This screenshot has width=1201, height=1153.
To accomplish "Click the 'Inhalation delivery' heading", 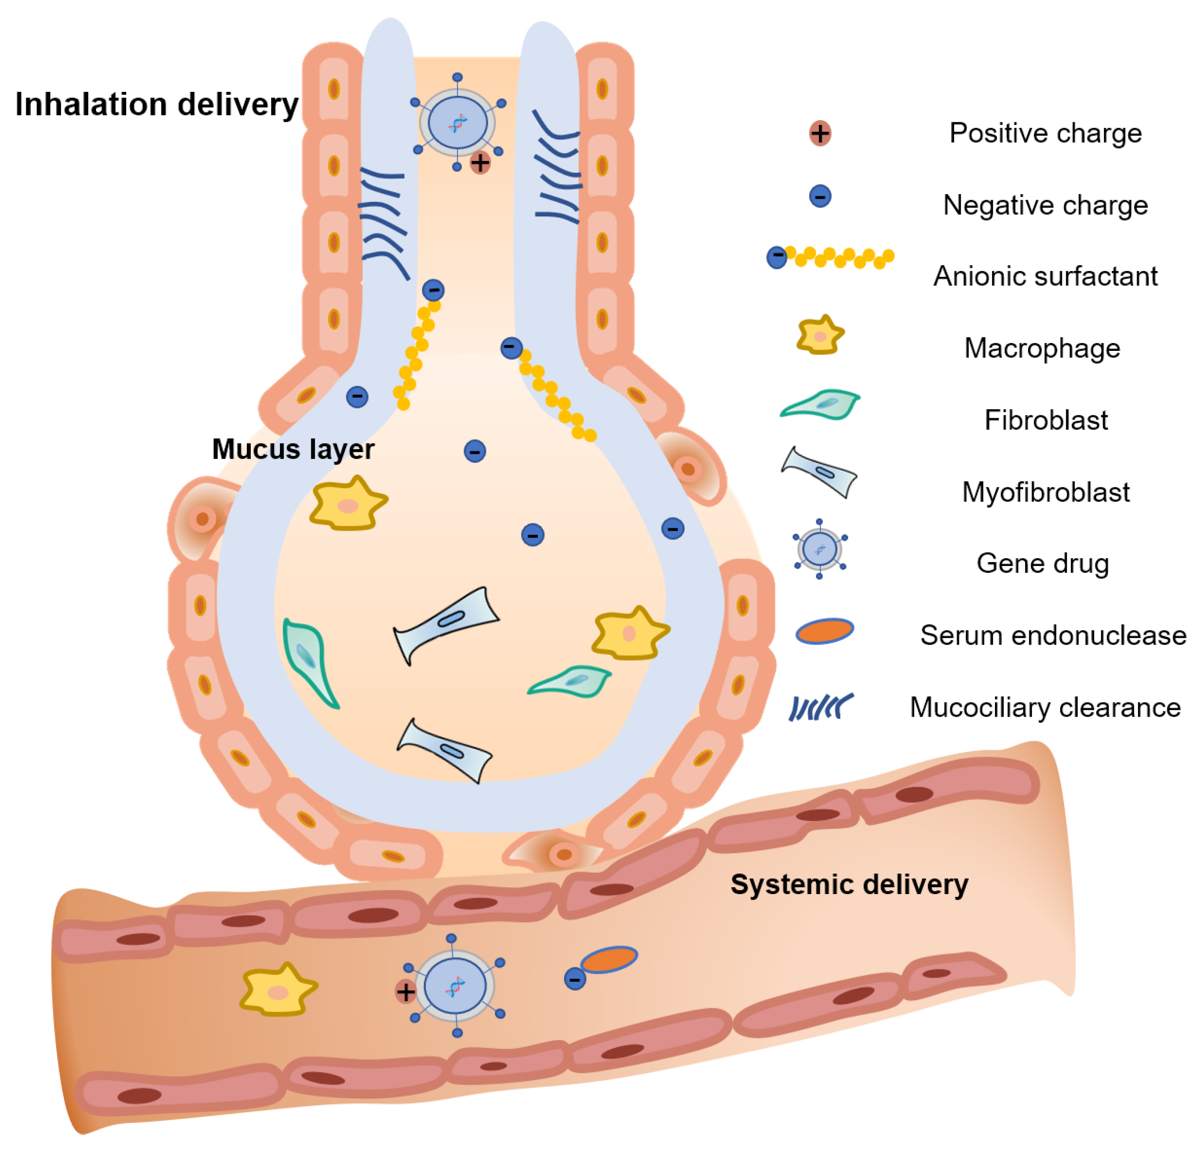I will pos(157,104).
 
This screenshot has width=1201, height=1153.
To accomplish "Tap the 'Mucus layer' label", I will pos(293,449).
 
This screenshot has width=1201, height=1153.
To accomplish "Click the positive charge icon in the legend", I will pos(820,133).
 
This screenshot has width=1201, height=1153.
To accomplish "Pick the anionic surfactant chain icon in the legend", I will pos(830,258).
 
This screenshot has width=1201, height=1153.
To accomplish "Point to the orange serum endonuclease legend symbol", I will pos(824,631).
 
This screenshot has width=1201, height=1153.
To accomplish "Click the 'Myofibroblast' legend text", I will pos(1045,492).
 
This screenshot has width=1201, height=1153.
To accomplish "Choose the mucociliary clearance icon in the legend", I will pos(820,707).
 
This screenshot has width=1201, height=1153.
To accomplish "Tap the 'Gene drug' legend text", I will pos(1042,563).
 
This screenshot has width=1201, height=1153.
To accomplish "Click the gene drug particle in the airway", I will pos(457,122).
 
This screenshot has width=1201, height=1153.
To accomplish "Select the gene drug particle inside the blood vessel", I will pos(455,986).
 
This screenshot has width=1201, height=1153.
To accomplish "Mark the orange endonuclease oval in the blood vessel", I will pos(609,959).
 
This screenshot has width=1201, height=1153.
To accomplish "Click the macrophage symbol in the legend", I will pos(820,336).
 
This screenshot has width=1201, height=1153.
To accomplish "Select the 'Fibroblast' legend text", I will pos(1045,420).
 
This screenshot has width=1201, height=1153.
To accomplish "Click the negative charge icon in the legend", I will pos(820,196).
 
